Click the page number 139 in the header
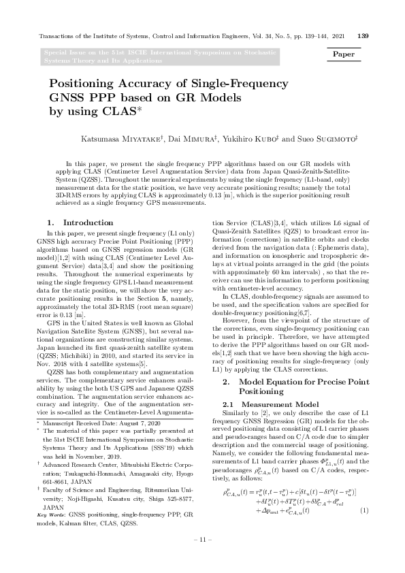(363, 36)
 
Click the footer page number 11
(202, 559)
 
